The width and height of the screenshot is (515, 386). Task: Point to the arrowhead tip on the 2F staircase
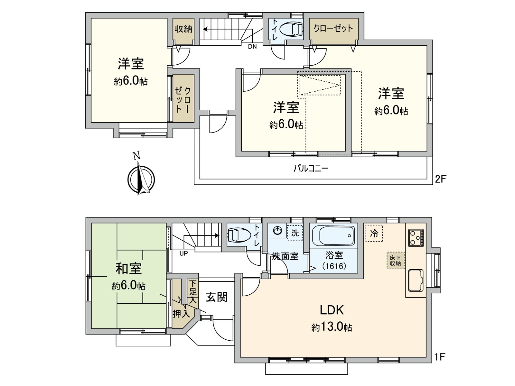click(203, 29)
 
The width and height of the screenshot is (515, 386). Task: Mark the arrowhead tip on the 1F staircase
click(220, 235)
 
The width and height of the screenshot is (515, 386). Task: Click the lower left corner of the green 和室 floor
click(91, 328)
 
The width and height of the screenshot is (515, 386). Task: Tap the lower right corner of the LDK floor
click(426, 357)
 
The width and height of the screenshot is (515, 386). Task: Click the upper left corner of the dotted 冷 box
click(366, 225)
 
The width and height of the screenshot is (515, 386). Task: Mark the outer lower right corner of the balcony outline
click(433, 185)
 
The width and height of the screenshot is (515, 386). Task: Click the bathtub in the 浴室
click(333, 235)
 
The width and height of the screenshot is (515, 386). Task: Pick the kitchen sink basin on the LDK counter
click(416, 280)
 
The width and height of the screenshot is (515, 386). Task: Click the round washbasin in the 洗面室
click(278, 231)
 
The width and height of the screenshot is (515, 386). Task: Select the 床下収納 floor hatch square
click(395, 260)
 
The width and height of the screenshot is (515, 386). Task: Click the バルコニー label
click(311, 168)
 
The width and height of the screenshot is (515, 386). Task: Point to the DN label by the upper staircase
click(252, 46)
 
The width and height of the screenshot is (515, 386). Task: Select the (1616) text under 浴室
click(334, 266)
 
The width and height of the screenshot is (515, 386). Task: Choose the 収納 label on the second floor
click(183, 29)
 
